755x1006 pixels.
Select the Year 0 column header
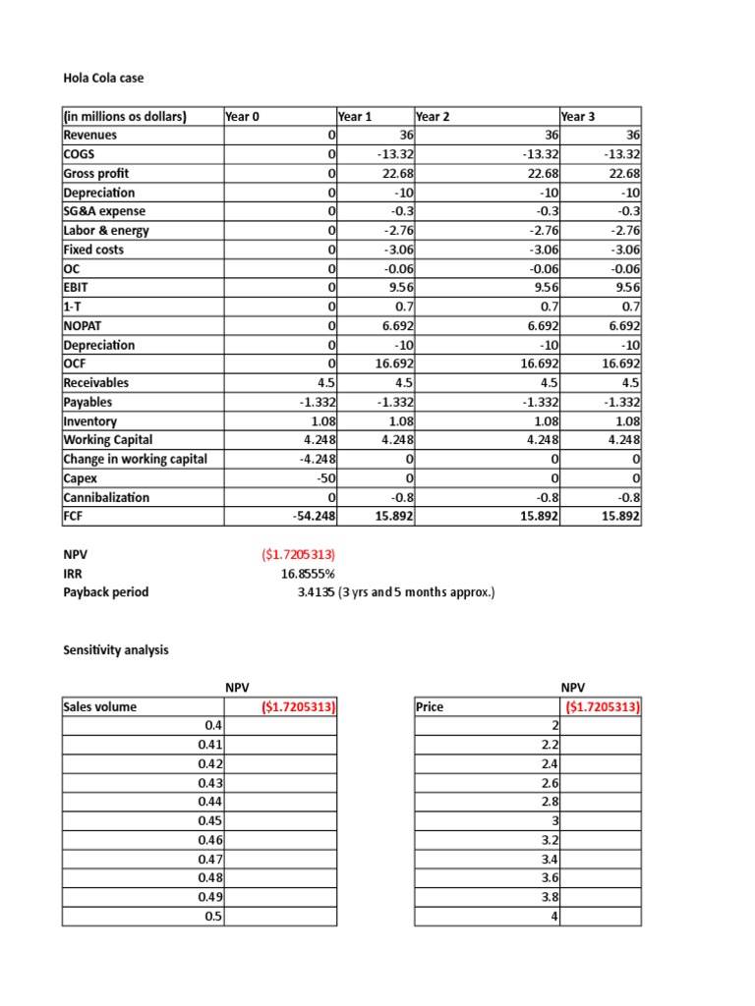click(x=242, y=116)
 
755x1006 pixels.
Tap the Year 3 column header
click(x=577, y=116)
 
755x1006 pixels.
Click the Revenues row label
click(x=90, y=135)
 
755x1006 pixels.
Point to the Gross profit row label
click(x=96, y=173)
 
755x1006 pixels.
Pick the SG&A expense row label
click(x=104, y=211)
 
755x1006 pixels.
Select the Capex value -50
click(x=324, y=478)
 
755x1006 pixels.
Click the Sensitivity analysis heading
click(x=115, y=650)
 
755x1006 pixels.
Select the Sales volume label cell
click(x=100, y=706)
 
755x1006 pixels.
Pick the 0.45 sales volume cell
click(x=211, y=820)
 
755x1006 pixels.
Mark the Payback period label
click(x=105, y=592)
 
